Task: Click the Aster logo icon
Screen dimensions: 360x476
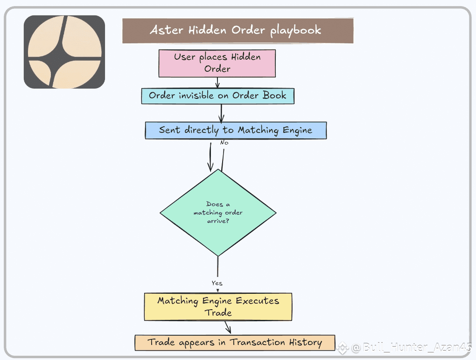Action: point(64,52)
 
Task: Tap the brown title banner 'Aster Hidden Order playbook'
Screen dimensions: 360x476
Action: point(238,31)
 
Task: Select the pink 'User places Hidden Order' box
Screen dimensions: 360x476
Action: point(217,63)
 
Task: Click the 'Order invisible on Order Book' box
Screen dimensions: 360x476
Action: point(217,96)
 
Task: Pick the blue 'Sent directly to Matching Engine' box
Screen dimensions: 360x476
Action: point(236,130)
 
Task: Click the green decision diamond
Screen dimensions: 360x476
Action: point(218,213)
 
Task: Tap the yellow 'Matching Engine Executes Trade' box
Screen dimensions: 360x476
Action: point(218,306)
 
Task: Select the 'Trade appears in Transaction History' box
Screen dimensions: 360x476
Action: point(235,342)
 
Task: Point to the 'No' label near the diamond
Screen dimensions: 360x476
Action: point(224,143)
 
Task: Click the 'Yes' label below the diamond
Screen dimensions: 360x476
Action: point(217,283)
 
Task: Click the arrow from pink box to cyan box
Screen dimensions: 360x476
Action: point(217,83)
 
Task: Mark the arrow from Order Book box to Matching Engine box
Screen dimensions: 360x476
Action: point(221,113)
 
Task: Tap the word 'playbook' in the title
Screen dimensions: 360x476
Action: point(296,31)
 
